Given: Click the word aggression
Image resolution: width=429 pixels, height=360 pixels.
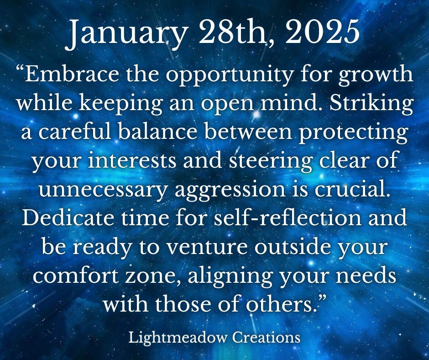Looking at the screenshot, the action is click(x=230, y=191).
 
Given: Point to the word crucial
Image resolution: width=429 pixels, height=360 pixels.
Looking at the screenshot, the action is click(x=352, y=189).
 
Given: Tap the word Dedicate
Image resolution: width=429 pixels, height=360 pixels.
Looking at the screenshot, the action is click(x=68, y=217).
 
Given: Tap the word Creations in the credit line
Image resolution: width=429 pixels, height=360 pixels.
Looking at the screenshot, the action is click(x=266, y=337).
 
